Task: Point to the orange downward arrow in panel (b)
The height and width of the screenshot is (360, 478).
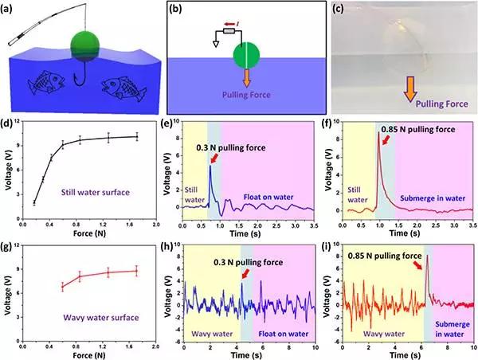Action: [247, 77]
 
